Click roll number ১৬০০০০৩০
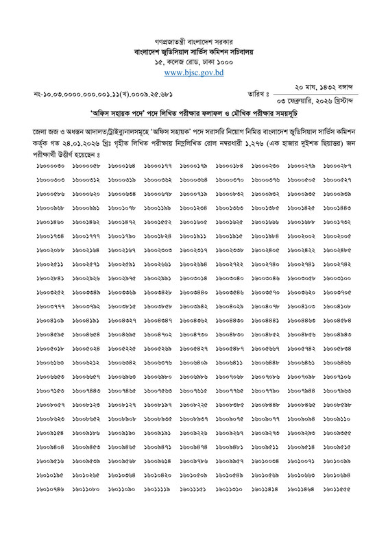[x=51, y=166]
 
